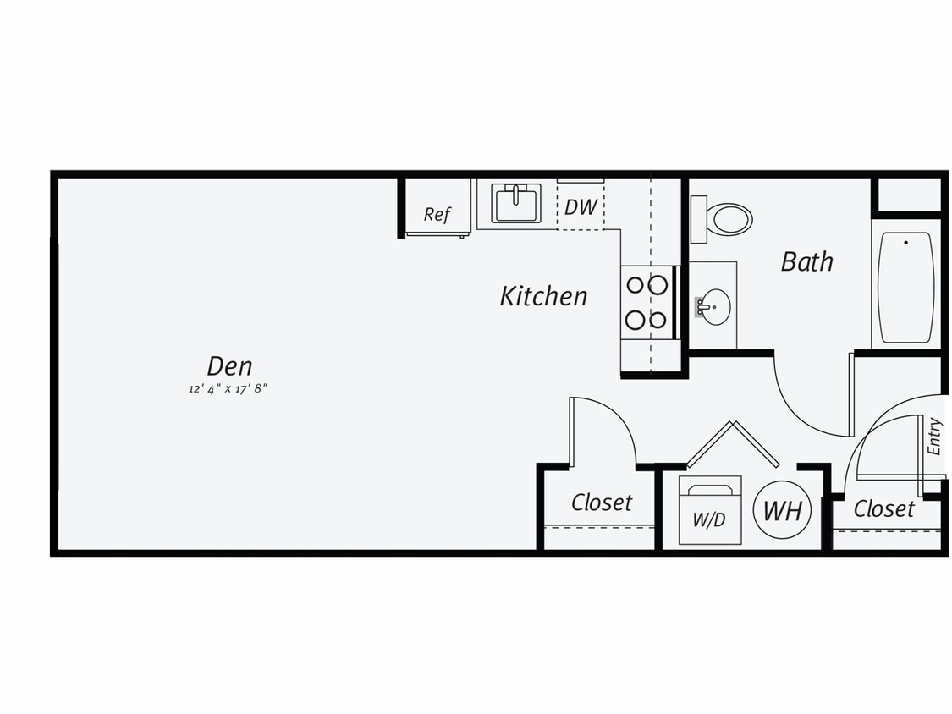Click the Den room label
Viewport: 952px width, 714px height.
(x=229, y=366)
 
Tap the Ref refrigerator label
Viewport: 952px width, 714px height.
(x=437, y=214)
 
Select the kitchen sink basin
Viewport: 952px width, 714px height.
(x=515, y=204)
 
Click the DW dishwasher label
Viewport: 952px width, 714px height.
(x=581, y=207)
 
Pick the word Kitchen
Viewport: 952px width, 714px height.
(x=543, y=296)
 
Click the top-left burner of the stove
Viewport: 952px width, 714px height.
(x=636, y=285)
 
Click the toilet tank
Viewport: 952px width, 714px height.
(x=698, y=219)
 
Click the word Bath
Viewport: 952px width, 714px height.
(x=806, y=261)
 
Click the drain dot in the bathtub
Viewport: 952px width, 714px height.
(x=905, y=243)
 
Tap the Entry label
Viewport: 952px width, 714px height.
(x=934, y=437)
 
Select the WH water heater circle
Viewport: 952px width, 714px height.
(x=783, y=511)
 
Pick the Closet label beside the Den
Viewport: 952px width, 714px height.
(x=601, y=503)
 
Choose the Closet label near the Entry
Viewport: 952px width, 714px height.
(x=883, y=508)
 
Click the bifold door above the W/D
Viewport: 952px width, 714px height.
(x=733, y=444)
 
